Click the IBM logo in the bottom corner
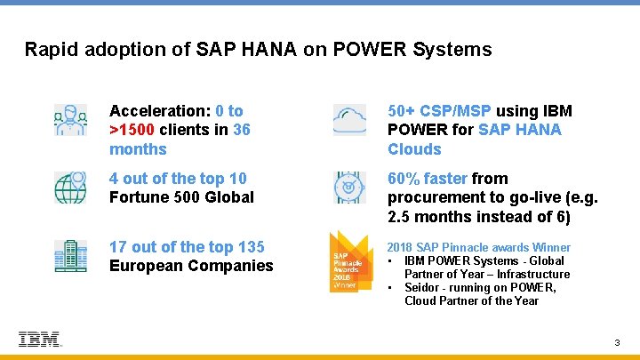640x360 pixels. coord(39,339)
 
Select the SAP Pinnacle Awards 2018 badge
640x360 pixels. coord(348,260)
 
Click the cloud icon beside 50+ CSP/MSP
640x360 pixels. coord(348,120)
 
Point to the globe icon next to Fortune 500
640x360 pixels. coord(70,188)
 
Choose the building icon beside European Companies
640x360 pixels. coord(70,256)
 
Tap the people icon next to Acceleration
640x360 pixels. coord(70,120)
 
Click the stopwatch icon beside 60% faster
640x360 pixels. coord(348,188)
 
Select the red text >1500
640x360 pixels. coord(134,130)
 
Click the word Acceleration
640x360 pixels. coord(157,111)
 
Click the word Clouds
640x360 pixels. coord(414,149)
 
